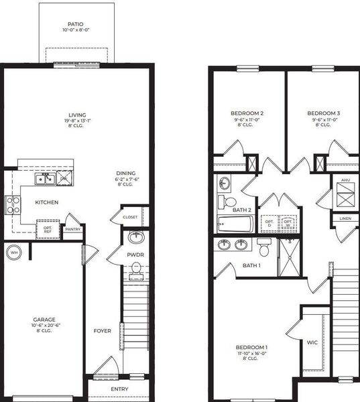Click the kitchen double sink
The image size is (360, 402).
46,178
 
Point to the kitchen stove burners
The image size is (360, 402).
13,203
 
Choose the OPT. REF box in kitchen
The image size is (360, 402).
48,228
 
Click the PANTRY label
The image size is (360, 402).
72,229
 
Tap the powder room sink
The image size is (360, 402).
136,237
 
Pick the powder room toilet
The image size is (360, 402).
136,269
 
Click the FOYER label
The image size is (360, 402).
103,330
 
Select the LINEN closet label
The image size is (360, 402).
345,218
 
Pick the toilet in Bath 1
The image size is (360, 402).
264,249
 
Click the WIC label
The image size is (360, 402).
312,342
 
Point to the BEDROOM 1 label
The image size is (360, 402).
252,346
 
